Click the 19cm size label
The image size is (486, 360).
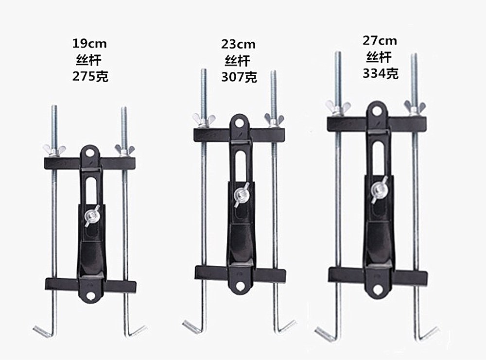click(x=89, y=44)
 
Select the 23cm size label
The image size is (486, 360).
click(x=238, y=44)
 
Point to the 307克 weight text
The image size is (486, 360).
click(x=239, y=77)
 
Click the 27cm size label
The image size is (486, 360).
click(x=380, y=41)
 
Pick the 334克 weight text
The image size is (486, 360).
click(x=381, y=74)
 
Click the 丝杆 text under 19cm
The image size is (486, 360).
click(x=89, y=60)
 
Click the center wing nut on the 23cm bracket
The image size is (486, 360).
click(x=242, y=195)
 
